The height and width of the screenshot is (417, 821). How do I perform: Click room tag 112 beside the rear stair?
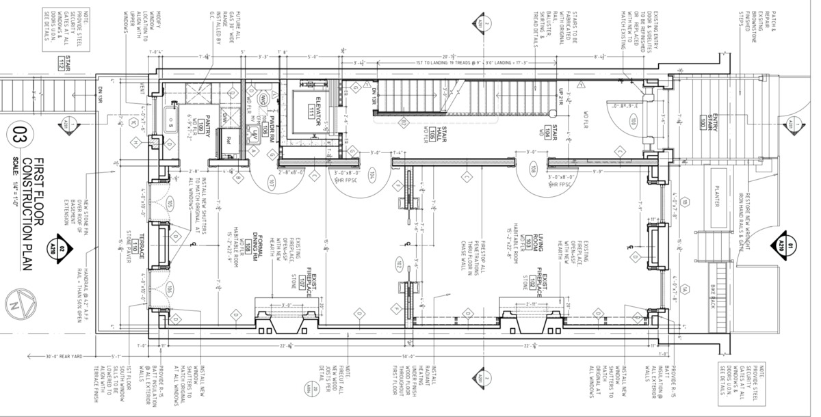pyautogui.click(x=61, y=66)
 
